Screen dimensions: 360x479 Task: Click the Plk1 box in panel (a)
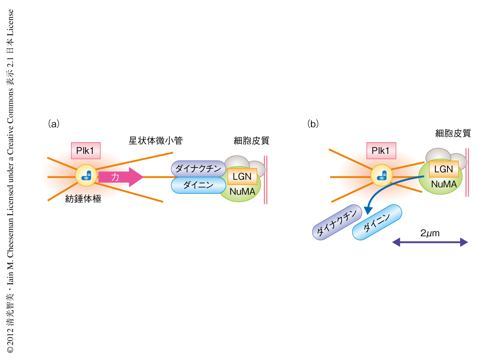[x=85, y=151]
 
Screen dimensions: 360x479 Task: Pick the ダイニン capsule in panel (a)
[x=198, y=185]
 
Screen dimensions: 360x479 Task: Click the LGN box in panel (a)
[x=242, y=176]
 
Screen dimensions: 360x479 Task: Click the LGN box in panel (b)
[x=443, y=169]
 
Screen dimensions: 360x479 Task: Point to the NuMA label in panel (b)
[x=443, y=184]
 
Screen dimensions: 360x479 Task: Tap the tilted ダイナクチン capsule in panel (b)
[x=337, y=224]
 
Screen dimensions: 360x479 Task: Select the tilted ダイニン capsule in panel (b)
[x=376, y=223]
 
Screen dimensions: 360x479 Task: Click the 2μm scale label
[x=430, y=233]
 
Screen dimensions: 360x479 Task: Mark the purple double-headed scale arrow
[x=430, y=242]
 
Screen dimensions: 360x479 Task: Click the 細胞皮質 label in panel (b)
[x=453, y=133]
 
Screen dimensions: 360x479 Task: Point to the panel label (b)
[x=313, y=124]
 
